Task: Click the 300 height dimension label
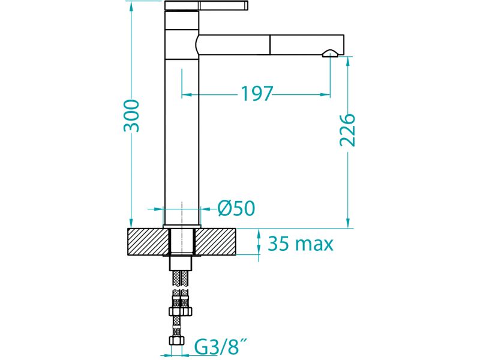point(131,116)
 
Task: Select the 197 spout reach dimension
point(257,94)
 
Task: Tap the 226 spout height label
point(347,130)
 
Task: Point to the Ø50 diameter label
point(236,208)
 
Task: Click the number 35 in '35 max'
point(278,244)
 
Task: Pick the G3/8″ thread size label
point(221,348)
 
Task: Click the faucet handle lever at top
point(206,5)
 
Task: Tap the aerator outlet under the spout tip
point(330,54)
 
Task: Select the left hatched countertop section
point(148,242)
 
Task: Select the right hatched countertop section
point(215,242)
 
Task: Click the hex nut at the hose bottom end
point(177,341)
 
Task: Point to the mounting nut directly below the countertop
point(181,263)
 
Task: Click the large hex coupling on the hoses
point(181,311)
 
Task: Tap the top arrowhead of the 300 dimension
point(131,6)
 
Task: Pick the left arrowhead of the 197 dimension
point(187,95)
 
